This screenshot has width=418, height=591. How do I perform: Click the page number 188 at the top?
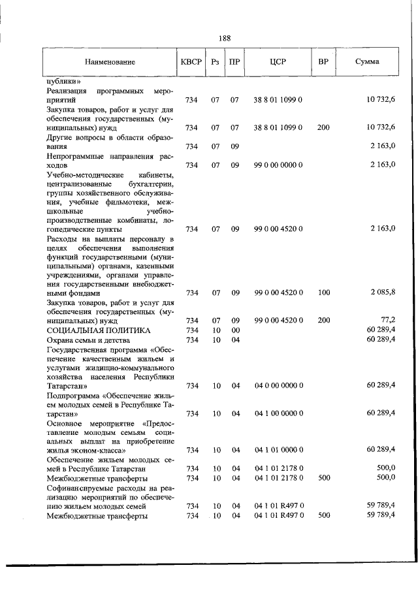tap(225, 38)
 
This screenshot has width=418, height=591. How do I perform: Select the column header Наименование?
tap(110, 62)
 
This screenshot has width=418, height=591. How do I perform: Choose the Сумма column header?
tap(368, 62)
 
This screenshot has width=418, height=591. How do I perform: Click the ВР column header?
tap(323, 62)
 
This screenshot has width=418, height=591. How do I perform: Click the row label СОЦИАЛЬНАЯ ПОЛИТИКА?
tap(90, 330)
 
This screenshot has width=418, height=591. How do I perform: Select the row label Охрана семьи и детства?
tap(89, 340)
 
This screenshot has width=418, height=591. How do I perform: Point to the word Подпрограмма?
tap(73, 395)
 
